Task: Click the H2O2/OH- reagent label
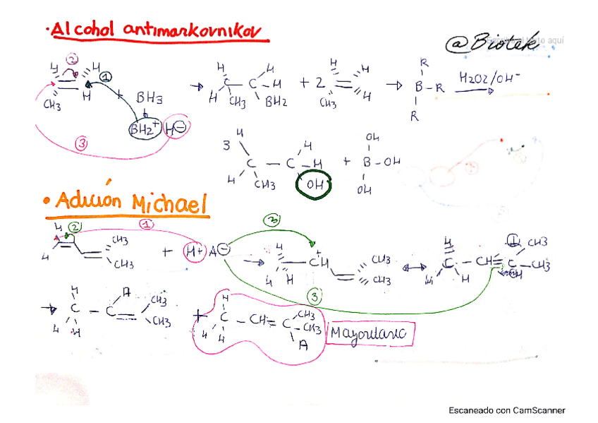pyautogui.click(x=487, y=78)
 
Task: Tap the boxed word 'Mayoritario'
pyautogui.click(x=370, y=333)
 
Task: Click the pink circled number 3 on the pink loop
pyautogui.click(x=83, y=144)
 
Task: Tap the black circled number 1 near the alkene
pyautogui.click(x=105, y=77)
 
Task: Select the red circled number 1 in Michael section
pyautogui.click(x=147, y=225)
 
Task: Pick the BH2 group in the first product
pyautogui.click(x=276, y=102)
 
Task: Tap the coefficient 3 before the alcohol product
pyautogui.click(x=226, y=147)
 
